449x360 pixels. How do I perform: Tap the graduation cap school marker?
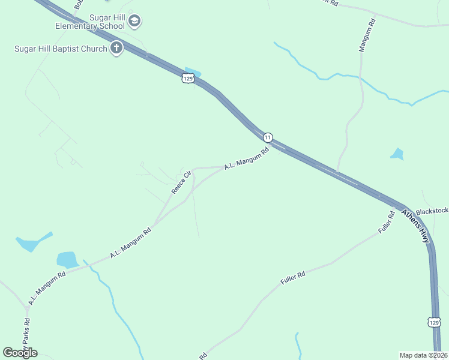point(134,22)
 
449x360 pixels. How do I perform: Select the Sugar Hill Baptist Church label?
point(61,49)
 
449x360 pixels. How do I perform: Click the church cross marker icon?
point(116,49)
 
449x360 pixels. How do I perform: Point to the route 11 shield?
point(268,137)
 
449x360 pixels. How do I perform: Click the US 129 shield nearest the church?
point(188,79)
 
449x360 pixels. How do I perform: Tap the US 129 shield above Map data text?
point(435,322)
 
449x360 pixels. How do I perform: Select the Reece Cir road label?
point(181,182)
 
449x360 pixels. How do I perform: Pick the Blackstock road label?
point(432,211)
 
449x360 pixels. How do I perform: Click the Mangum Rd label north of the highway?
point(367,35)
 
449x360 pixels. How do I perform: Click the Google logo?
point(20,352)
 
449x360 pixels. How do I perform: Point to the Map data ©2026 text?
point(423,355)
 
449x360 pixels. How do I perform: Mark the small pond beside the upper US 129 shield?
point(193,71)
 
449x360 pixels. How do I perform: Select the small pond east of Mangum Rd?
point(397,154)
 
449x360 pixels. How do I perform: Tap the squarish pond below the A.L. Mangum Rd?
point(67,259)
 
